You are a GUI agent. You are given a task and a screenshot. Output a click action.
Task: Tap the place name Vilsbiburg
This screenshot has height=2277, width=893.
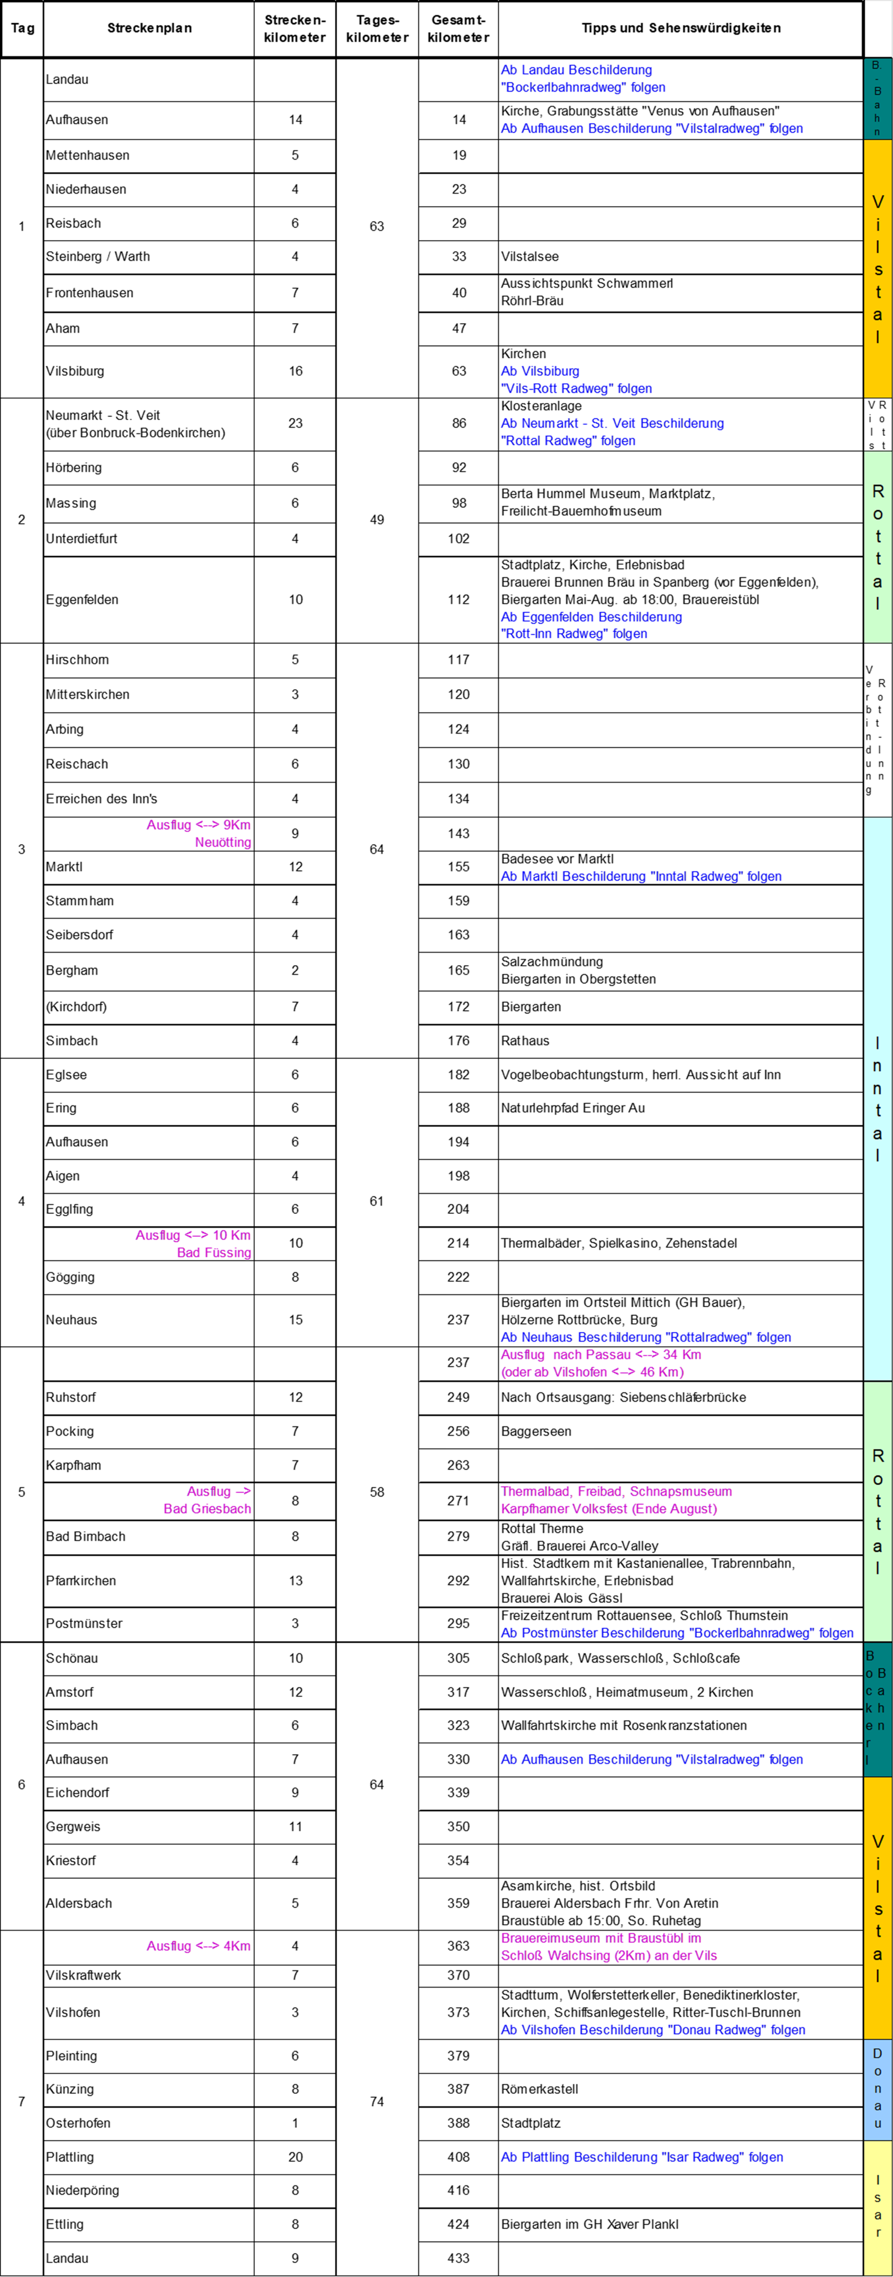click(550, 371)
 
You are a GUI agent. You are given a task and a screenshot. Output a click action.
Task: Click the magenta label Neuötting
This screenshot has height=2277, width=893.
click(223, 843)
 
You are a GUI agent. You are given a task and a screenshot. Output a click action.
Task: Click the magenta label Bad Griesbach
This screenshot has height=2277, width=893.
click(207, 1509)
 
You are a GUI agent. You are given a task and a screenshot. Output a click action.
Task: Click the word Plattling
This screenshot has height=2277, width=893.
click(546, 2158)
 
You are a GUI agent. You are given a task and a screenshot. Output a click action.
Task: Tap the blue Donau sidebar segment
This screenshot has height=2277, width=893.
click(877, 2088)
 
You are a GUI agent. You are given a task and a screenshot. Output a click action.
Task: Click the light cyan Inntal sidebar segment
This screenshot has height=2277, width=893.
click(877, 1099)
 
